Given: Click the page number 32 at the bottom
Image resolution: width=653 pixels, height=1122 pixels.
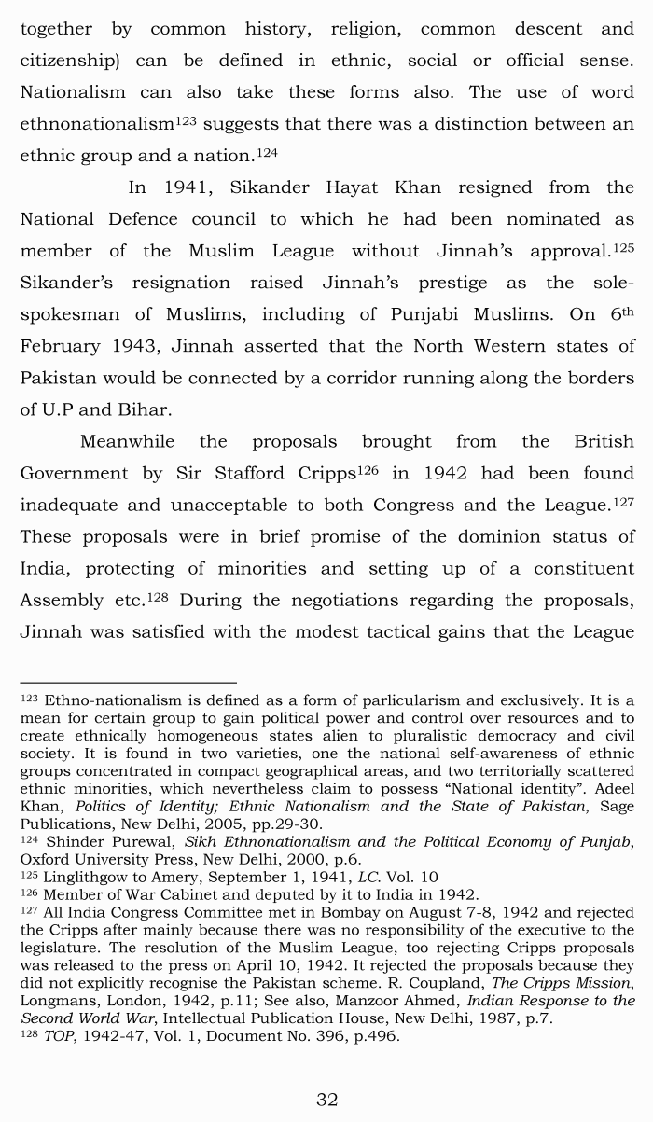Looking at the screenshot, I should point(326,1100).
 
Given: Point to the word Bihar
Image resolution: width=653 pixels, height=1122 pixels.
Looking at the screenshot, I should point(143,409).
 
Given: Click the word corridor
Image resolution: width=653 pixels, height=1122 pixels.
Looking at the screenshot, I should point(402,378).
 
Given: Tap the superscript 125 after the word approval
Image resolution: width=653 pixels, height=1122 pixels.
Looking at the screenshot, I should point(623,247).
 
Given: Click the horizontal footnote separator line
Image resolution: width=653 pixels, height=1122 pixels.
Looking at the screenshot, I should point(128,683).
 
